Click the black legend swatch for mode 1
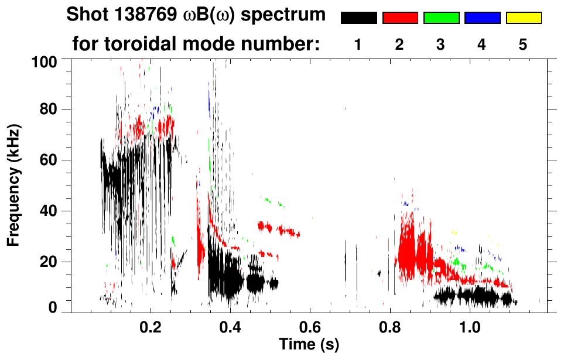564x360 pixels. pyautogui.click(x=358, y=18)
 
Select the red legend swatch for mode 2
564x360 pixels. pyautogui.click(x=400, y=18)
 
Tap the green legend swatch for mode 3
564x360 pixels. pyautogui.click(x=441, y=18)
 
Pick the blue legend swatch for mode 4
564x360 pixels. pyautogui.click(x=482, y=18)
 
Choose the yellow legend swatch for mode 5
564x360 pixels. pyautogui.click(x=524, y=18)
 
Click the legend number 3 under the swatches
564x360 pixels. pyautogui.click(x=441, y=45)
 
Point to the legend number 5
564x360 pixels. pyautogui.click(x=523, y=45)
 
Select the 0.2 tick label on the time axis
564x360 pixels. pyautogui.click(x=150, y=327)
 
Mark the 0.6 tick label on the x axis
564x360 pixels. pyautogui.click(x=309, y=327)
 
